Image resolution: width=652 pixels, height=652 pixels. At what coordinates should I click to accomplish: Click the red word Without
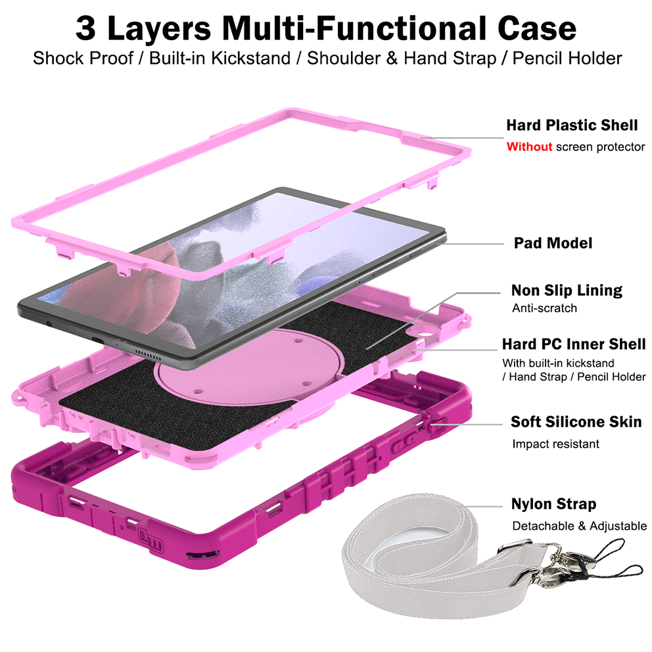pos(528,147)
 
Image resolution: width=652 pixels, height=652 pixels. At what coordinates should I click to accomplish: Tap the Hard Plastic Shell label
pos(571,125)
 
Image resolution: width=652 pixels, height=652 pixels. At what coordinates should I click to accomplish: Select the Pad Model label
pos(553,243)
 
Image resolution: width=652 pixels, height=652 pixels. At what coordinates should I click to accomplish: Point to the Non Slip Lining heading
pos(567,290)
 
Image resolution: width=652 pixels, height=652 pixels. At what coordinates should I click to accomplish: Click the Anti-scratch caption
pos(544,308)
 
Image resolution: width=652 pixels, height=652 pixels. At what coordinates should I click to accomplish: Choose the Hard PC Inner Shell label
pos(573,344)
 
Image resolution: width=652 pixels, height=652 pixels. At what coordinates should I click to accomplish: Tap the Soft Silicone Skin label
pos(576,421)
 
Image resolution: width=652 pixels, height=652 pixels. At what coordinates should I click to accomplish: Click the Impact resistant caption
pos(555,444)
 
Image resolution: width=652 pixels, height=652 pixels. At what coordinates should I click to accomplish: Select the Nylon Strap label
pos(553,504)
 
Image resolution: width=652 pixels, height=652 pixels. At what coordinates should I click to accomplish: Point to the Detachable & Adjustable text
pos(579,526)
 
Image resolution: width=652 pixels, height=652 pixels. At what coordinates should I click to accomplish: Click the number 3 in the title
pos(86,28)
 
